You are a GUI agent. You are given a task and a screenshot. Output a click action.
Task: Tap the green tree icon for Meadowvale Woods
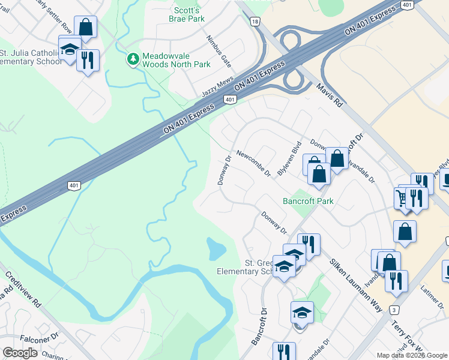[132, 59]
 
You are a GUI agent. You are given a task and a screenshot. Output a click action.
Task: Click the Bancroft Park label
[308, 201]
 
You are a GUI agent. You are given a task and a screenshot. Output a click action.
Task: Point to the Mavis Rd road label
[329, 95]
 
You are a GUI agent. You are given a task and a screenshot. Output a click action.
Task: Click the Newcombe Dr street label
[253, 163]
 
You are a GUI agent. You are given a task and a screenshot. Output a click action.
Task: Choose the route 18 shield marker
[256, 22]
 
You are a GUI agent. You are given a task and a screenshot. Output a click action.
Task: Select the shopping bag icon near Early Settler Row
[85, 27]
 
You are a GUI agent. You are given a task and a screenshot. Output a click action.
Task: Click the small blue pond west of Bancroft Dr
[215, 249]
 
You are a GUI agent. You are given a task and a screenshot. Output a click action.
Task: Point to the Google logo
[20, 353]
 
